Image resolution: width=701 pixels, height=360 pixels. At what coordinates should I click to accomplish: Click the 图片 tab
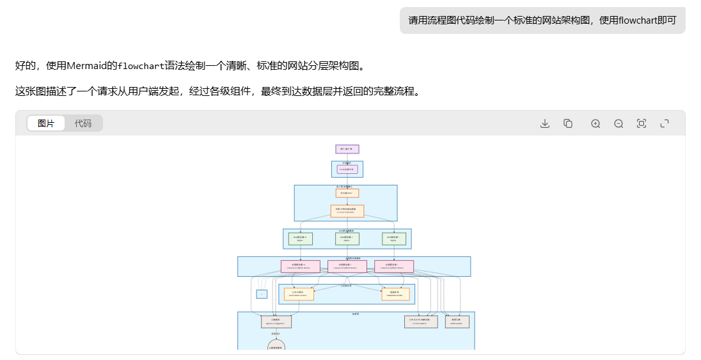tap(46, 123)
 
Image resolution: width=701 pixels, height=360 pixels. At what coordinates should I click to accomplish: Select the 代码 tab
tap(83, 123)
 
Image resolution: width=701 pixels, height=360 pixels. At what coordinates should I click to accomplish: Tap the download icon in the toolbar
tap(545, 123)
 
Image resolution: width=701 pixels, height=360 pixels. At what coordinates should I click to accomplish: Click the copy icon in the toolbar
tap(568, 123)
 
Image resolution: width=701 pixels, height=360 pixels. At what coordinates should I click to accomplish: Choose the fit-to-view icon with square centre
tap(642, 123)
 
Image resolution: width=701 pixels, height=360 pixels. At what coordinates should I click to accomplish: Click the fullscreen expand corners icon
tap(665, 123)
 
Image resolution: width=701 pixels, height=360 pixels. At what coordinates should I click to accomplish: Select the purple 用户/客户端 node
tap(347, 149)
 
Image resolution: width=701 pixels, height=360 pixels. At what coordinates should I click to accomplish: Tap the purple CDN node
tap(347, 169)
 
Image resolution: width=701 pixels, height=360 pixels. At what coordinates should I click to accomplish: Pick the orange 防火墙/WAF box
tap(347, 193)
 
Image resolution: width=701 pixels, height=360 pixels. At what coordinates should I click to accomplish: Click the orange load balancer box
tap(347, 211)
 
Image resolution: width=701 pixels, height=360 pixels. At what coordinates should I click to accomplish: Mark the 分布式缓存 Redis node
tap(299, 294)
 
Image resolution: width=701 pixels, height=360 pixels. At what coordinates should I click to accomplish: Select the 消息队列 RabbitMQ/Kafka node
tap(395, 294)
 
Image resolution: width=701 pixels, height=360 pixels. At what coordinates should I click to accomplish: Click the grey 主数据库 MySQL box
tap(276, 322)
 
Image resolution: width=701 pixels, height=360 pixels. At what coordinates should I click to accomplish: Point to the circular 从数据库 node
tap(276, 347)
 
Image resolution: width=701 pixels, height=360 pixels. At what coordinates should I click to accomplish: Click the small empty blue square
tap(262, 294)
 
